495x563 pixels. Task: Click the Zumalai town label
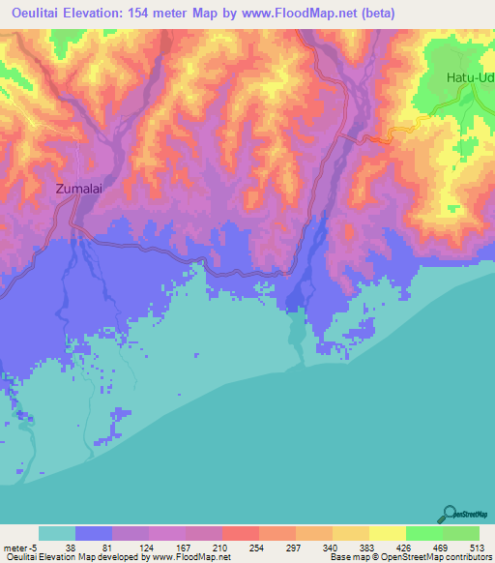point(78,191)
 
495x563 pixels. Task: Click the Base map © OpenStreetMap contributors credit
point(410,556)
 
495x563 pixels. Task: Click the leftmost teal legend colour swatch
point(57,534)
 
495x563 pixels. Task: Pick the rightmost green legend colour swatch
point(461,534)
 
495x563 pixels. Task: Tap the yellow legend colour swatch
point(388,534)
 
